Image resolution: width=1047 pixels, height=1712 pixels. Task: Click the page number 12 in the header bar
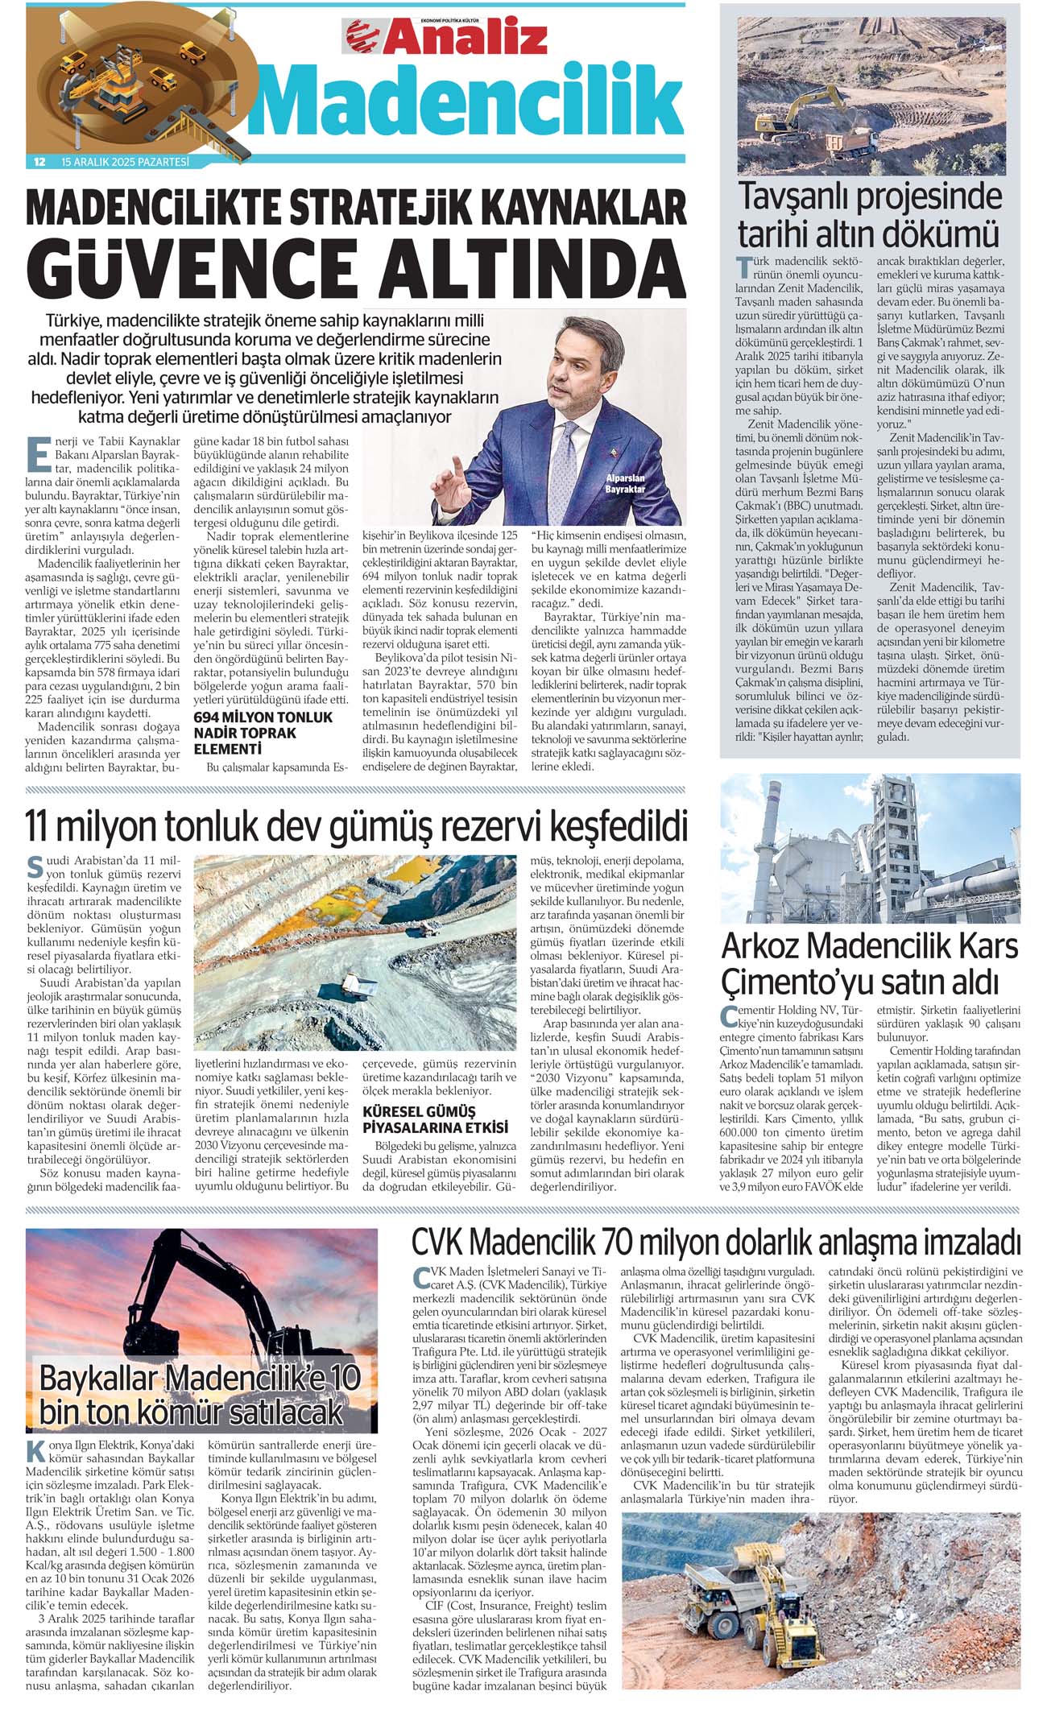coord(39,163)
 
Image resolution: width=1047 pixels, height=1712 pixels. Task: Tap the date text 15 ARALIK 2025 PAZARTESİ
coord(125,163)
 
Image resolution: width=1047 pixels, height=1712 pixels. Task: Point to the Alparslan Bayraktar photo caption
coord(625,484)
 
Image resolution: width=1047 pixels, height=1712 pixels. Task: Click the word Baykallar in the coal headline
coord(99,1379)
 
